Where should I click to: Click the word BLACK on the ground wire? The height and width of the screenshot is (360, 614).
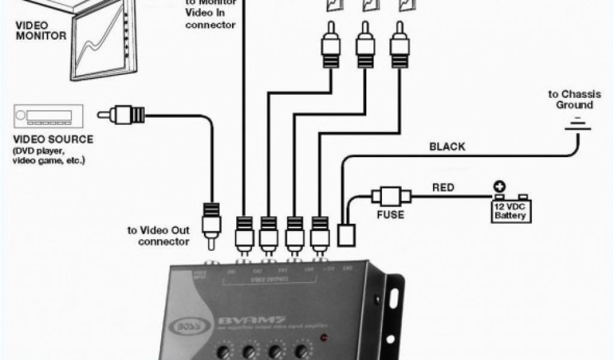[447, 146]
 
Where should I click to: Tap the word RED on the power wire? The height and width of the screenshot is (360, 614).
[443, 187]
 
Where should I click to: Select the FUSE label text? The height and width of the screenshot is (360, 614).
[390, 215]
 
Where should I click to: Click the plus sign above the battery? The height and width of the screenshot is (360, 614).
[498, 187]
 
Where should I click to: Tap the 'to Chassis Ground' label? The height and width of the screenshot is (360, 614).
[570, 100]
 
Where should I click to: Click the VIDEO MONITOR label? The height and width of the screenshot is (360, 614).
[41, 31]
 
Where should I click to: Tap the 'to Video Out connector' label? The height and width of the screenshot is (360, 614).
[158, 236]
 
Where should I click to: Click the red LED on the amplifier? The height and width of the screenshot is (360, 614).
[324, 337]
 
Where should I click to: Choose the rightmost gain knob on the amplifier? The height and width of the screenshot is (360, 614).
[304, 350]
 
